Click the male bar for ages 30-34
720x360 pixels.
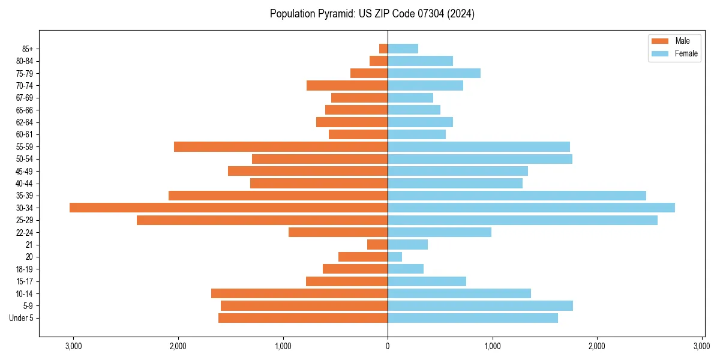pos(228,208)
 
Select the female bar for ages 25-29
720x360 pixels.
pos(522,220)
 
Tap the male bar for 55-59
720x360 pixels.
pos(281,146)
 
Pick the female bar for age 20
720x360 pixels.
pos(395,257)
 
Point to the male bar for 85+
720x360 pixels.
pos(383,49)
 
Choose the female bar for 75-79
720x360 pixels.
pos(434,73)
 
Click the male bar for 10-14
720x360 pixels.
pos(299,293)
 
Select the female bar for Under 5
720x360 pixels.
pos(473,318)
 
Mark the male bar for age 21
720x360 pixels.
pos(377,245)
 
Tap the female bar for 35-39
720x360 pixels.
pos(517,196)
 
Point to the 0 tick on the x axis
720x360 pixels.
pos(388,346)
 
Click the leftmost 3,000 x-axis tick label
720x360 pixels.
pos(73,346)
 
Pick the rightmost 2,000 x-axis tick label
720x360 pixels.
pos(597,346)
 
